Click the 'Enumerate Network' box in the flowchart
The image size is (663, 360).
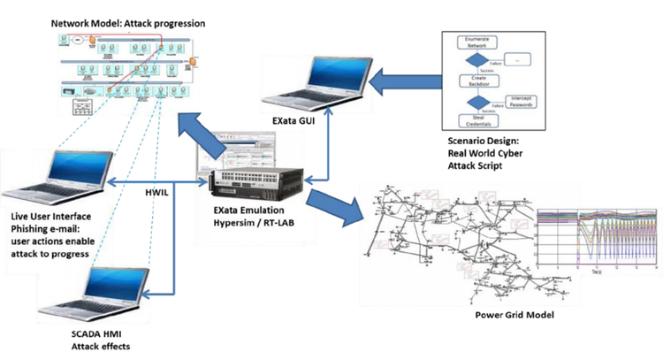(482, 42)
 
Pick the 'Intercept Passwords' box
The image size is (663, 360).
(522, 100)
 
